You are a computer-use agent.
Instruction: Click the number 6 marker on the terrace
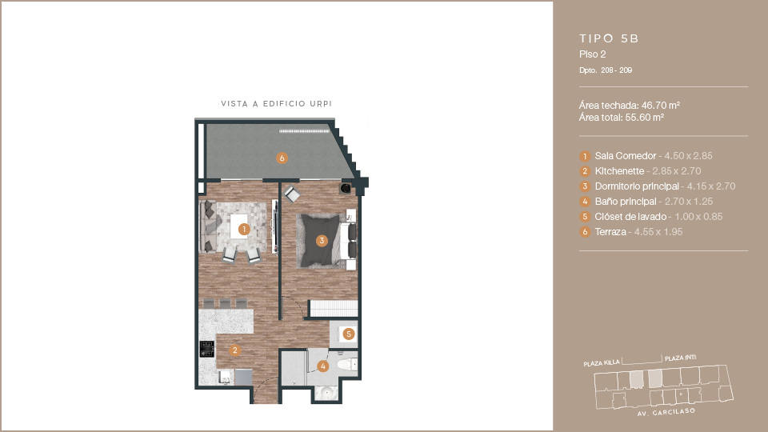pos(282,158)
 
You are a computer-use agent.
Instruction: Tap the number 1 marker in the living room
pos(244,230)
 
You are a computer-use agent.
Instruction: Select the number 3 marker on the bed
pos(322,241)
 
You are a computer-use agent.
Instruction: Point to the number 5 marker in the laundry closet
pos(348,334)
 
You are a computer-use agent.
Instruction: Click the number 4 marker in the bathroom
pos(322,366)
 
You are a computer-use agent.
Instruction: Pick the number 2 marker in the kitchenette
pos(235,350)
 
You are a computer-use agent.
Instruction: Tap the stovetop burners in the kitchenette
pos(206,349)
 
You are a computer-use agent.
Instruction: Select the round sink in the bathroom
pos(326,392)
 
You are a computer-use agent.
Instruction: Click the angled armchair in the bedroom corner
pos(292,194)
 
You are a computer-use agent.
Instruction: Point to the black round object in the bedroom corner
pos(346,188)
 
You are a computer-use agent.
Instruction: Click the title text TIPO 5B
pos(609,38)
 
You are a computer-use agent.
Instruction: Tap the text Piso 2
pos(593,54)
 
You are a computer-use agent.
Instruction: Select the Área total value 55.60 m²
pos(645,118)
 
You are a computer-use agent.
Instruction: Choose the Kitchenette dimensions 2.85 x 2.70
pos(677,171)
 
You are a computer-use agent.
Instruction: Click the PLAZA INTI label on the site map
pos(680,358)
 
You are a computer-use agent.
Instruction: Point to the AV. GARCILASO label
pos(666,413)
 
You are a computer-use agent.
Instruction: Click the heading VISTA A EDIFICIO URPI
pos(276,104)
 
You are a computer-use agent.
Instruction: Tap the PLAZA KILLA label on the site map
pos(602,363)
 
